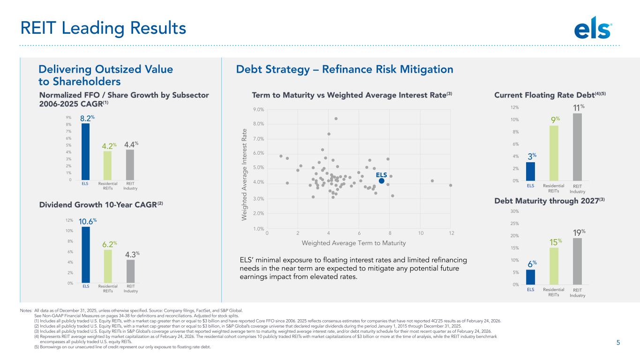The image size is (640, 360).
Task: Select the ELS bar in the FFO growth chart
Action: click(85, 151)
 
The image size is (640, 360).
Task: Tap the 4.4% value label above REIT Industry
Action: click(131, 144)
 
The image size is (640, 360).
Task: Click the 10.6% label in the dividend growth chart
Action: click(87, 221)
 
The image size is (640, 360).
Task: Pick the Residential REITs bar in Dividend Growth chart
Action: click(108, 266)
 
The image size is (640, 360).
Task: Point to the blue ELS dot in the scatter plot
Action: click(382, 181)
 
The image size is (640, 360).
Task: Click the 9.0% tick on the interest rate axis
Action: click(258, 109)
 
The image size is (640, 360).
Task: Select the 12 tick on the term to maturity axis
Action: click(452, 233)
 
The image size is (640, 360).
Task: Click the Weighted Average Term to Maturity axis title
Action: click(354, 243)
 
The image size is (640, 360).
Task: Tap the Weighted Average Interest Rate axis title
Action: click(244, 174)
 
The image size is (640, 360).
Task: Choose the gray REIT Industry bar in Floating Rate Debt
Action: click(577, 147)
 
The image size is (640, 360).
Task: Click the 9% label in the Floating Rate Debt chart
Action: click(556, 120)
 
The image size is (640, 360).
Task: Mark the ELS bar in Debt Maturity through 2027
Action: click(531, 277)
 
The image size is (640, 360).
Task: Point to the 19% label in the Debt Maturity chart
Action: click(579, 232)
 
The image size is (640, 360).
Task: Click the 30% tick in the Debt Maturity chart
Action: click(514, 211)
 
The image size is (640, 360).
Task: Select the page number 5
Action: click(618, 343)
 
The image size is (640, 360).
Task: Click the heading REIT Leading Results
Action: click(103, 28)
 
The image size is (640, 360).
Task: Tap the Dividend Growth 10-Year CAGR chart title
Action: click(101, 204)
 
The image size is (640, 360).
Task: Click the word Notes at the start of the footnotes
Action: click(26, 311)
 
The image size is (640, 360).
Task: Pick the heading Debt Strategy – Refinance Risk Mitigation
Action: click(345, 69)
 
